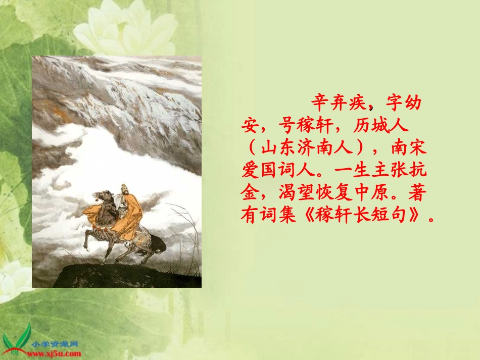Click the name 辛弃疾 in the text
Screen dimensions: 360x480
[x=340, y=104]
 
